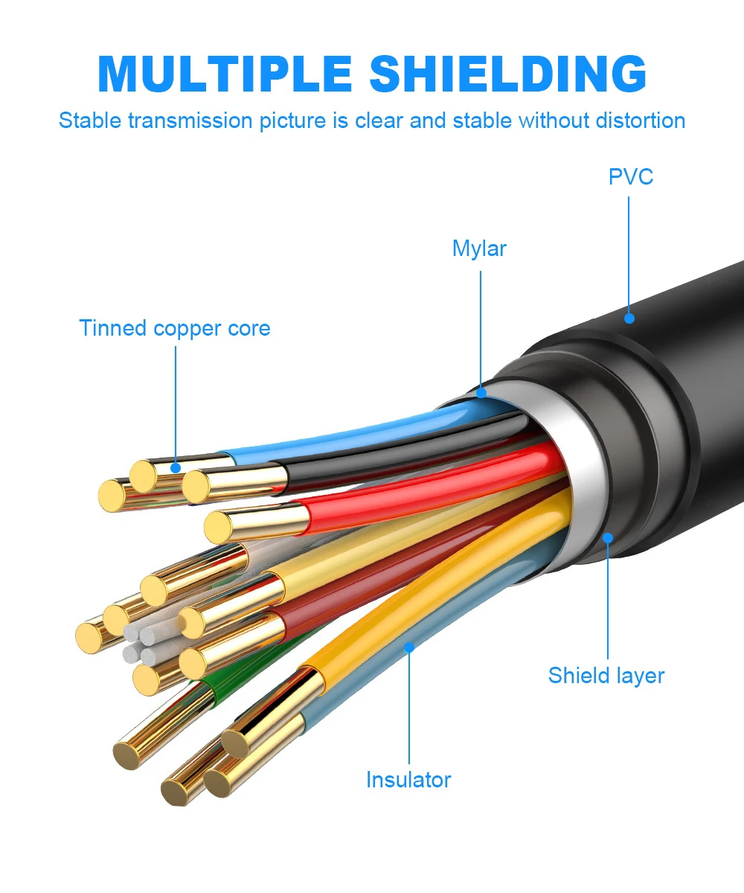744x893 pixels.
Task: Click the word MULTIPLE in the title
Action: point(225,74)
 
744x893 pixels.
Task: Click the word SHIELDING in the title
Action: point(508,74)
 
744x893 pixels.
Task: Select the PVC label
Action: point(631,176)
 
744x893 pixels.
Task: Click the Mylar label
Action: point(479,249)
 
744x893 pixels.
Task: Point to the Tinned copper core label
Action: point(174,328)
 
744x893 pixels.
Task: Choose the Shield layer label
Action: point(606,676)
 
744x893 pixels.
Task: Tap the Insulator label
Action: point(408,780)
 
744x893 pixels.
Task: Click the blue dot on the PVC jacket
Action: point(629,319)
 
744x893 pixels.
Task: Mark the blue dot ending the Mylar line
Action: point(481,392)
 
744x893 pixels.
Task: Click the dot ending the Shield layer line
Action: point(608,537)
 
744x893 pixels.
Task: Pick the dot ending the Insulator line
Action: point(409,647)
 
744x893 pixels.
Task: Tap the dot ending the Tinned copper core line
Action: point(176,468)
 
